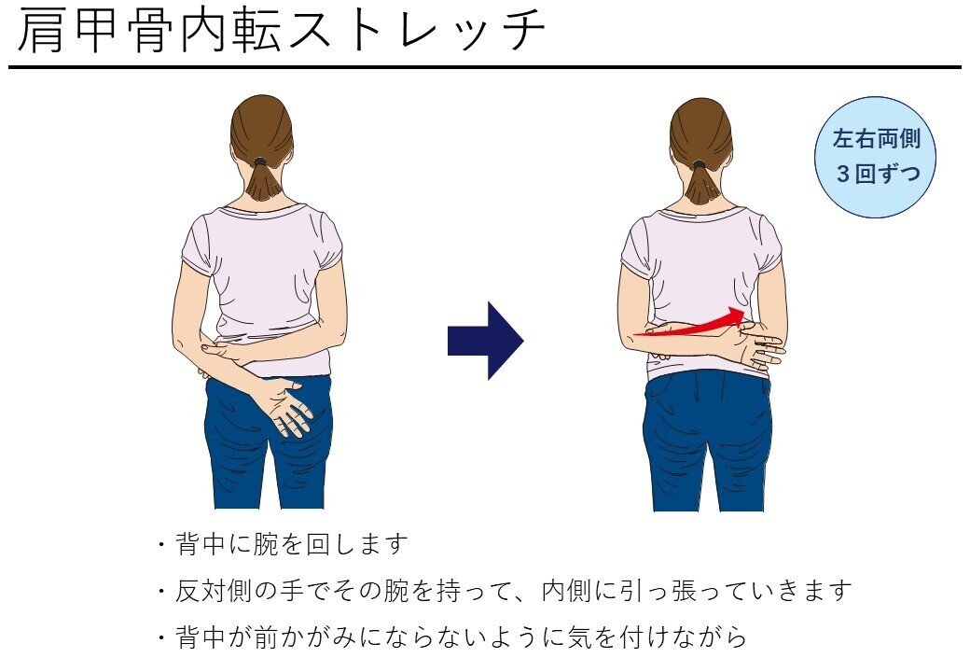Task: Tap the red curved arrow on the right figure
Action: pos(695,324)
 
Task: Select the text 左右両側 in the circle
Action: pos(876,140)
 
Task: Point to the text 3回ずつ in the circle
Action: pos(876,175)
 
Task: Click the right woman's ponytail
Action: pos(701,183)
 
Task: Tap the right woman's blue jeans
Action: pos(706,439)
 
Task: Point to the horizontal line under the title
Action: pos(485,67)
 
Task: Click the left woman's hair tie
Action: pos(260,161)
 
